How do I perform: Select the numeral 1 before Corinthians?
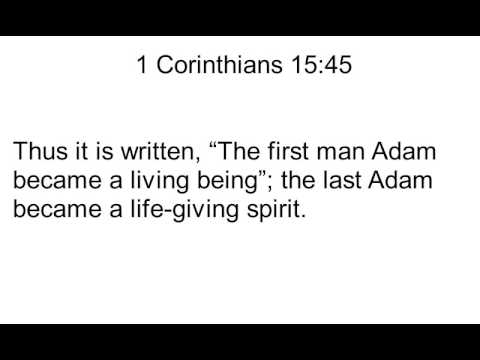[142, 66]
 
